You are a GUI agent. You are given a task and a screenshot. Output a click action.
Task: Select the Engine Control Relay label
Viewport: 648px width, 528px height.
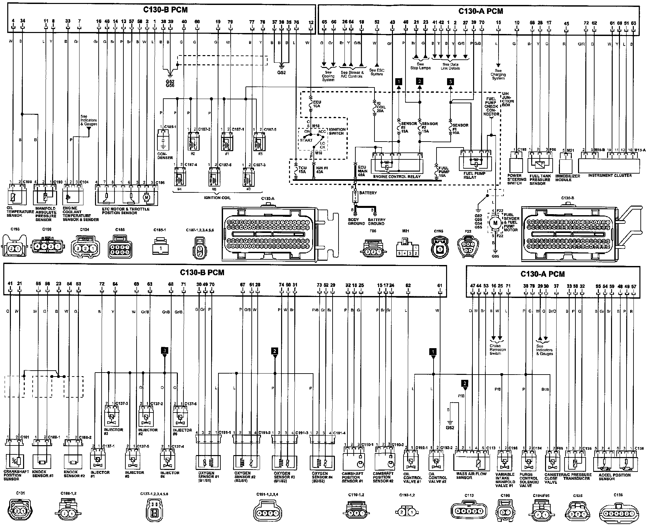pos(397,177)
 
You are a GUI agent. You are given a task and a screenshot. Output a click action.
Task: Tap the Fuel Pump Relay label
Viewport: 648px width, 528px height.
pos(474,175)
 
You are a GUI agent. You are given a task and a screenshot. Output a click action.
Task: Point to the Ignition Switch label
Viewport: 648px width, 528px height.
pos(337,131)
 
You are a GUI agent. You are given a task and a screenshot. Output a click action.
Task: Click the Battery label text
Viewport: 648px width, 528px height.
pos(368,193)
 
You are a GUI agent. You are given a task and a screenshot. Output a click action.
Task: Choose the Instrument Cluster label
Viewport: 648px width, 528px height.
pos(610,176)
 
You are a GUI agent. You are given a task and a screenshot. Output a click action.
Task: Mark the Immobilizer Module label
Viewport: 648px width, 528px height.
pos(567,178)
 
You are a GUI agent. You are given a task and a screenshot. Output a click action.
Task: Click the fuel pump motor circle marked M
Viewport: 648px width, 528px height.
pos(495,223)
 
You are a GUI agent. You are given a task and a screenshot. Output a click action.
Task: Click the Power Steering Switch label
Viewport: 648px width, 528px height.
pos(517,180)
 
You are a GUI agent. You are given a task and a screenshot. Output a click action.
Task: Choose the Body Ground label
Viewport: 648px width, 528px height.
pos(356,221)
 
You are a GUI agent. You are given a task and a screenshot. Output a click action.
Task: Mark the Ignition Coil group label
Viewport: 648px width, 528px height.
pos(217,198)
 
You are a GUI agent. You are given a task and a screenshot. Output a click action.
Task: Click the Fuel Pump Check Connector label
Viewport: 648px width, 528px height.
pos(491,106)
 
